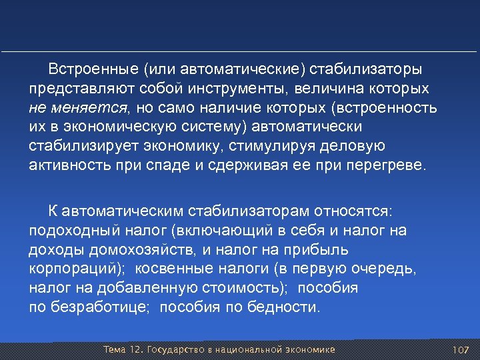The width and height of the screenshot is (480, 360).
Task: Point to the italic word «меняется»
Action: click(95, 108)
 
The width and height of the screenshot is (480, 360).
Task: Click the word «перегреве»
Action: click(387, 165)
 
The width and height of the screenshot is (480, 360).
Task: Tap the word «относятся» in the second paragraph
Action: click(361, 211)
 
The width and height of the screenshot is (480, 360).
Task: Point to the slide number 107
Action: click(461, 350)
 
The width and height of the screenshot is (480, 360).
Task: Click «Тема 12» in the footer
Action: click(123, 350)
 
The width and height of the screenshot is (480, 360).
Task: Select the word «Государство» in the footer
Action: click(175, 350)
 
